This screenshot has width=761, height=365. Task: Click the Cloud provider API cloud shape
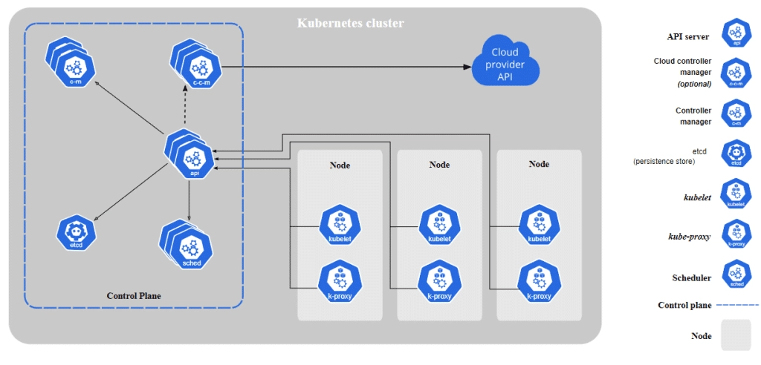[505, 64]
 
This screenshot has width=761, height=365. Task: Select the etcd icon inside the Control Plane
[76, 232]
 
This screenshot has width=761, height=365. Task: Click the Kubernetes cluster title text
[351, 23]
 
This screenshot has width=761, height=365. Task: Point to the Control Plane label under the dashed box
[134, 296]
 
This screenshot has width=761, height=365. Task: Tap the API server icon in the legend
[736, 34]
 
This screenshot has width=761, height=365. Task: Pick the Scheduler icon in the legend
[736, 274]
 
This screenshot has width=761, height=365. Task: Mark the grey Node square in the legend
[736, 335]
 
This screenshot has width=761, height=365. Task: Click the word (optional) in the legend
[694, 84]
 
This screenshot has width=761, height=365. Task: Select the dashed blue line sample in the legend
[737, 305]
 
